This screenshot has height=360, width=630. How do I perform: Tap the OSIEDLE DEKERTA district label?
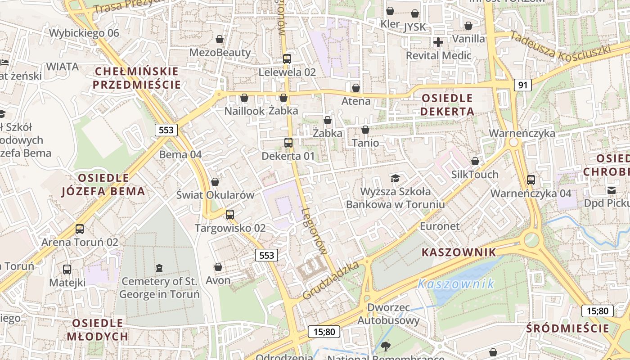[448, 105]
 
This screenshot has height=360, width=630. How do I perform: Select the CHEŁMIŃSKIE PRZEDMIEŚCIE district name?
[137, 78]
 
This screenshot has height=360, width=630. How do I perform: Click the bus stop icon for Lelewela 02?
[287, 59]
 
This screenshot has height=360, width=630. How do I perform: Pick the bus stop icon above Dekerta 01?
[288, 143]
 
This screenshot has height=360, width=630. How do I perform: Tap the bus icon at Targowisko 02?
[230, 215]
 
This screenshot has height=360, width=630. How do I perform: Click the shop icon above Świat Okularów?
[215, 182]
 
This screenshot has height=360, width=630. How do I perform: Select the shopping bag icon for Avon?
[218, 267]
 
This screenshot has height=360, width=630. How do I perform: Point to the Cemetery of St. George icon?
[159, 268]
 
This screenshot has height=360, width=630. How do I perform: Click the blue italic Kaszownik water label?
[455, 284]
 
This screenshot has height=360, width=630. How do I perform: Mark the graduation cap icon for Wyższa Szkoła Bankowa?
[395, 178]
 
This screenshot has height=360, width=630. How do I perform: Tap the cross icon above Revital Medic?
[438, 42]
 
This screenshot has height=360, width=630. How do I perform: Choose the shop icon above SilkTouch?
[475, 161]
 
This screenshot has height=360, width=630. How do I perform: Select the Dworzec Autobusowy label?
[388, 314]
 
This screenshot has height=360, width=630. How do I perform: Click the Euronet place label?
[440, 226]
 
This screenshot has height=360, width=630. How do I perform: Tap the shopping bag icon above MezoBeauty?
[220, 39]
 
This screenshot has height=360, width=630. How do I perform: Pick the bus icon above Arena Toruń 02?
[80, 229]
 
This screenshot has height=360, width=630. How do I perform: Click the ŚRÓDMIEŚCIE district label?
[568, 328]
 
